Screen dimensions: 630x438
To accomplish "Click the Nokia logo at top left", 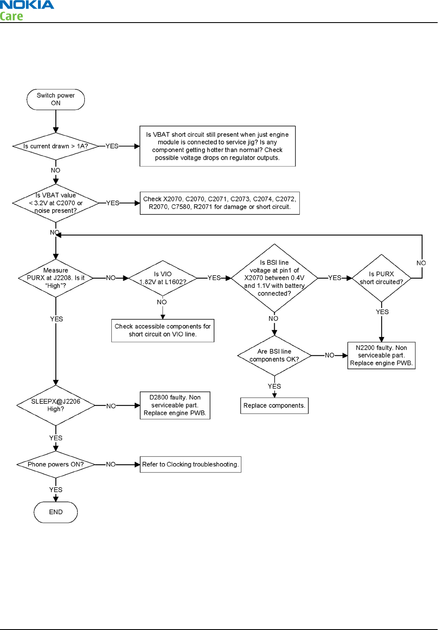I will click(x=27, y=5).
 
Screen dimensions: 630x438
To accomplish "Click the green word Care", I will click(x=12, y=17).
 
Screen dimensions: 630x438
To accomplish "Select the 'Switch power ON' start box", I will click(x=56, y=99).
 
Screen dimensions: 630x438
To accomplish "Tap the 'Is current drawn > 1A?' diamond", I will click(x=56, y=146).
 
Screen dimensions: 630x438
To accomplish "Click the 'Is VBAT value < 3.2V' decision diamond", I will click(x=56, y=203).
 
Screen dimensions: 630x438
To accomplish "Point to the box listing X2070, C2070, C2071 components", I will click(x=220, y=203).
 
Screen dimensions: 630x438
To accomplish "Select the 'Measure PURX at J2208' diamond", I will click(x=56, y=278).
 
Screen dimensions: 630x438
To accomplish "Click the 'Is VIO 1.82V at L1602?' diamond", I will click(x=162, y=278).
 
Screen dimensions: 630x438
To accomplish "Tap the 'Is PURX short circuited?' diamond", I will click(x=381, y=278).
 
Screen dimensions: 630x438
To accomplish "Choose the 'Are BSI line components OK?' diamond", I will click(x=274, y=355).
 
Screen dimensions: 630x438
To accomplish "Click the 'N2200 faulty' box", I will click(x=381, y=355).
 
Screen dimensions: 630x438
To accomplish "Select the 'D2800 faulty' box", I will click(x=175, y=405).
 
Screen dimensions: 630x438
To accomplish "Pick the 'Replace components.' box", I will click(x=274, y=406).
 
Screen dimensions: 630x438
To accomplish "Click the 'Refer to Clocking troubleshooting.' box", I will click(x=190, y=464).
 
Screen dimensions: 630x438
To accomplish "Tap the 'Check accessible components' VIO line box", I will click(x=162, y=330).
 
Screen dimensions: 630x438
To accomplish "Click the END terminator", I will click(x=56, y=512).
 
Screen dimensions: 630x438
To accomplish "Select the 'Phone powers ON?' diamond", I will click(x=56, y=464).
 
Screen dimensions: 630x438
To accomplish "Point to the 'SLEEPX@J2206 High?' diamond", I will click(x=56, y=405).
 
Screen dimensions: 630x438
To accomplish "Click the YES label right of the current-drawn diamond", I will click(x=112, y=146).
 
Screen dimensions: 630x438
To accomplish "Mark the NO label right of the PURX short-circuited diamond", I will click(x=421, y=263).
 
